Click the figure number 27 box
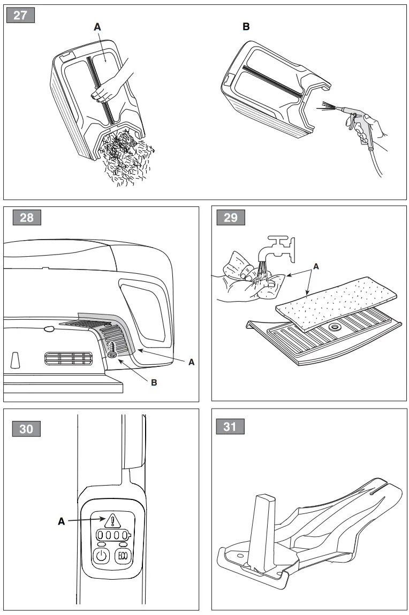click(20, 14)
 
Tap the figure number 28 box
click(26, 217)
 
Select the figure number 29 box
click(231, 217)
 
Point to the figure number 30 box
click(26, 428)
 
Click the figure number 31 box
click(230, 426)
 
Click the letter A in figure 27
click(97, 27)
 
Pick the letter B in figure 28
click(154, 383)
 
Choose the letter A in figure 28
click(191, 362)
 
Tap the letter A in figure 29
click(315, 266)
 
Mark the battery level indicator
click(113, 536)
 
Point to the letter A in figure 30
click(62, 521)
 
